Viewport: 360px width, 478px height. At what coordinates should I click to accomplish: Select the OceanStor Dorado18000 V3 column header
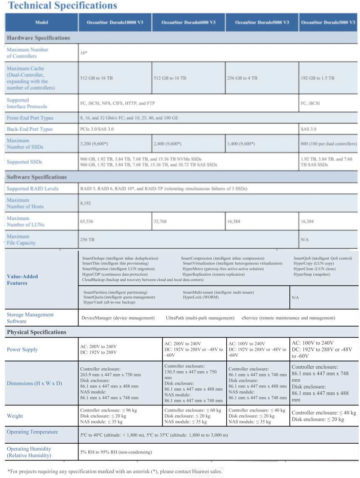[x=115, y=22]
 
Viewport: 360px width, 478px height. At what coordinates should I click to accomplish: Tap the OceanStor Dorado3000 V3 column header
[x=328, y=22]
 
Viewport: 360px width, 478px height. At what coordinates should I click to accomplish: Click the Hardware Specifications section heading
[x=38, y=38]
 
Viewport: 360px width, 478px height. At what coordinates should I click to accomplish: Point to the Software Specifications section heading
[x=37, y=177]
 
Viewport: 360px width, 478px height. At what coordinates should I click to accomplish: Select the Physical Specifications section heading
[x=36, y=332]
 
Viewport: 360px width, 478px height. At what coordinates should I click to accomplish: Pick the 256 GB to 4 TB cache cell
[x=242, y=78]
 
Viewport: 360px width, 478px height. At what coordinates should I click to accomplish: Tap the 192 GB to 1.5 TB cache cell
[x=318, y=78]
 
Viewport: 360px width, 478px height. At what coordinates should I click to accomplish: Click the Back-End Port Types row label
[x=30, y=129]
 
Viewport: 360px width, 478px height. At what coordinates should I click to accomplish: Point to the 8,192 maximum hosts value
[x=85, y=203]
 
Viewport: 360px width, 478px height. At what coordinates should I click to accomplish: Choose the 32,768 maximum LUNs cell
[x=162, y=222]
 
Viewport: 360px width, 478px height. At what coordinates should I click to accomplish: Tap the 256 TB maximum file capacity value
[x=87, y=240]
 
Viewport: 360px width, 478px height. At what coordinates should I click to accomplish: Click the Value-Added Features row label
[x=22, y=280]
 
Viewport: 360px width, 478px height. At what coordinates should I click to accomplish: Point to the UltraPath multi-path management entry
[x=200, y=318]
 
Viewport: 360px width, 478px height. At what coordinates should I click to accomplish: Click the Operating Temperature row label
[x=32, y=432]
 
